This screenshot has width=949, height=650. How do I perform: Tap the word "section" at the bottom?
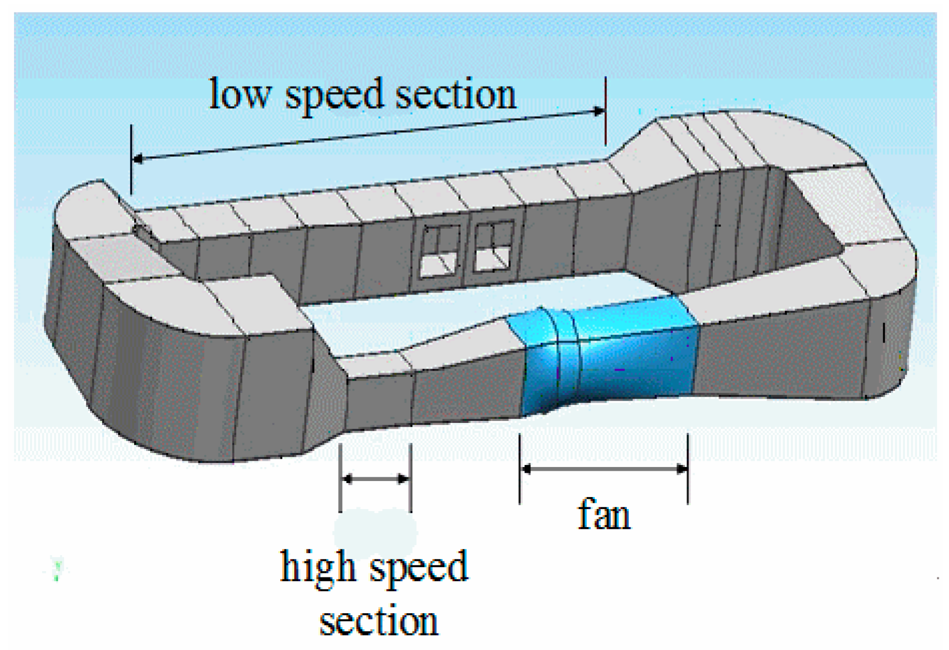(379, 621)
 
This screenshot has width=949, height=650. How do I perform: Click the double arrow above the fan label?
(604, 469)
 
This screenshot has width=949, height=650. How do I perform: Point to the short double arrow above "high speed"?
(376, 479)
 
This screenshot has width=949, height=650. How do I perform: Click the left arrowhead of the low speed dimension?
(138, 159)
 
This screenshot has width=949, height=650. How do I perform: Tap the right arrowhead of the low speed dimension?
(599, 111)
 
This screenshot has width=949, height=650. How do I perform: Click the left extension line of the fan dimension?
(520, 469)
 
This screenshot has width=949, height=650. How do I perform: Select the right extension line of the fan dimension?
(688, 469)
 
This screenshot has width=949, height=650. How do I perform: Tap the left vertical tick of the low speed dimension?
(131, 160)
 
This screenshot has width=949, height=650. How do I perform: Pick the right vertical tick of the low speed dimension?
(606, 111)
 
